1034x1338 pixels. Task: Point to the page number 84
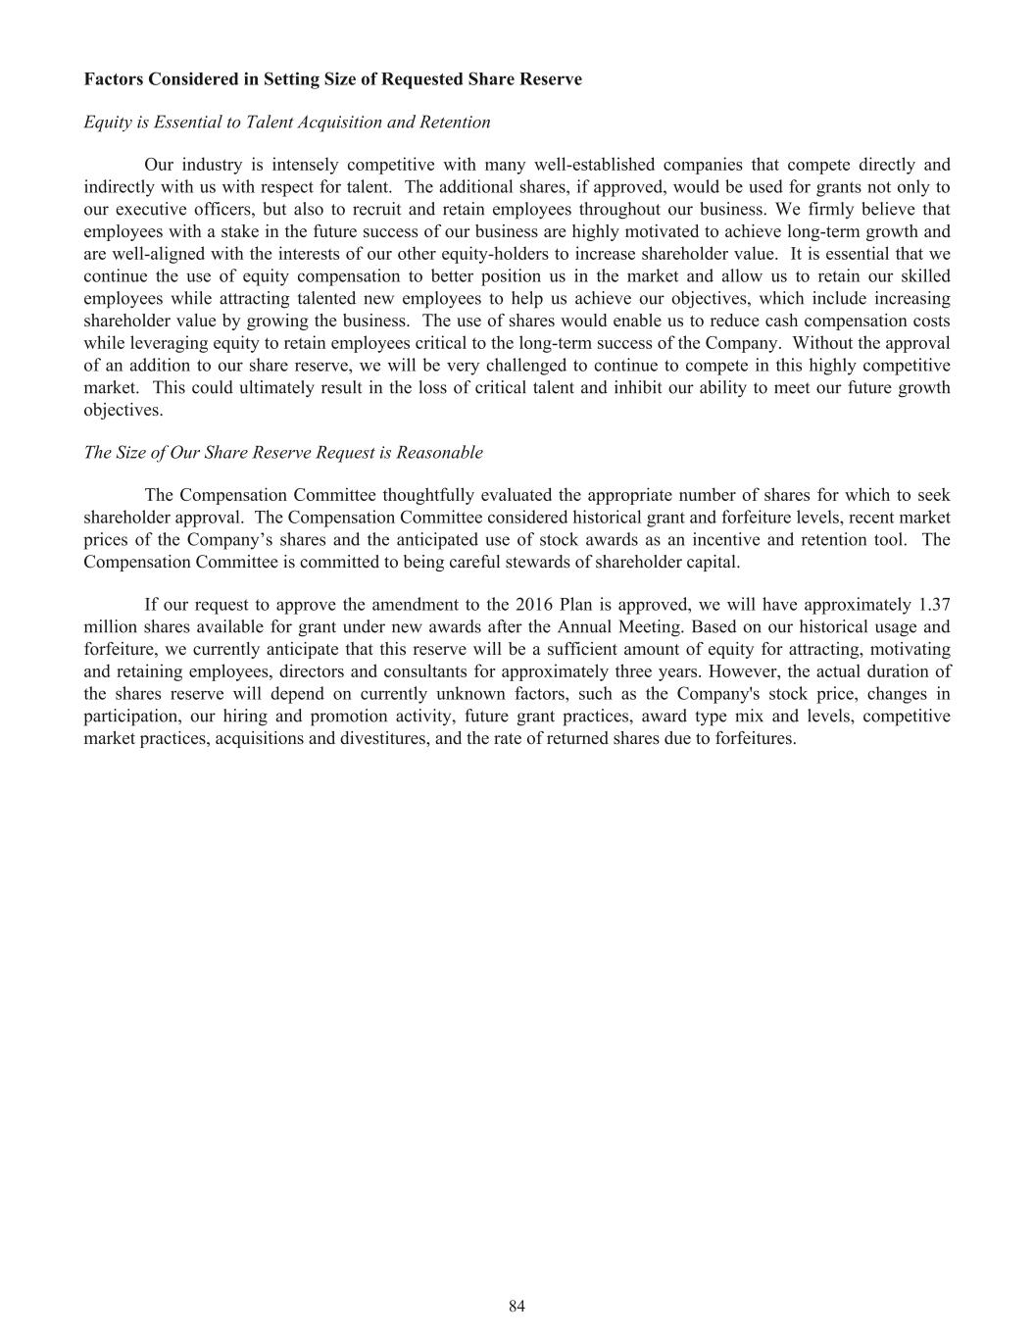(x=517, y=1306)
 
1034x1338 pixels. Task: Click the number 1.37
(x=934, y=605)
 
